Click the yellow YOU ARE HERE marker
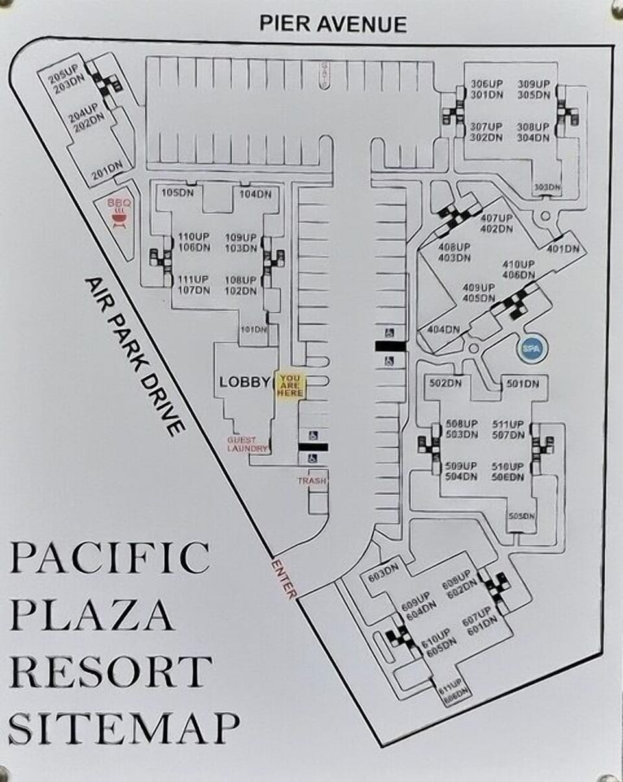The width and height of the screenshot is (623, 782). (x=291, y=385)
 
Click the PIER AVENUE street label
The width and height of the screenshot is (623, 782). (x=333, y=24)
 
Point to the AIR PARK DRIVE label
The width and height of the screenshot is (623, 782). (x=134, y=356)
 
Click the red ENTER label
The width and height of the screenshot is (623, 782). (x=284, y=577)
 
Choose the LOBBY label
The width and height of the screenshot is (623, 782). (x=243, y=382)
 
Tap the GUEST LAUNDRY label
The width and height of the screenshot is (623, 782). (x=247, y=444)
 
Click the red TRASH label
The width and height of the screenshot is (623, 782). (x=311, y=481)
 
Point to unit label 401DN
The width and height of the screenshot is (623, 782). (x=564, y=249)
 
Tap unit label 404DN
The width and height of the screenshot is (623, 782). (x=444, y=330)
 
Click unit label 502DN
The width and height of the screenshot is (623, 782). (x=445, y=383)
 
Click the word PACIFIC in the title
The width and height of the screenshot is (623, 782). (x=110, y=559)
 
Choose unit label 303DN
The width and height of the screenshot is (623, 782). (x=547, y=188)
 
